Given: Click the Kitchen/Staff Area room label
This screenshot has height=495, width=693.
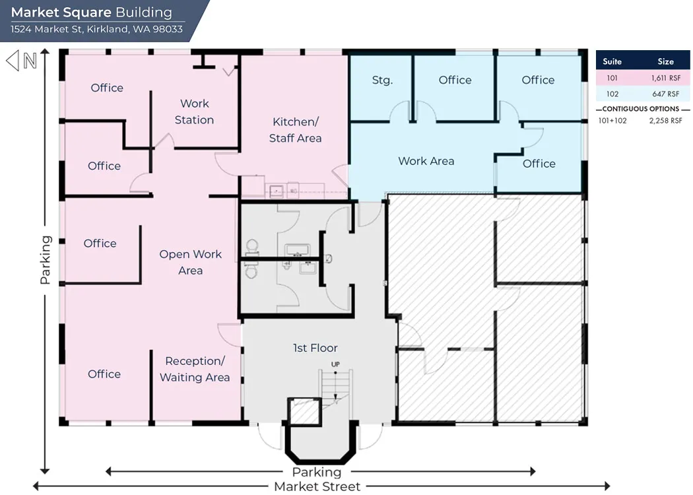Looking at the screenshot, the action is (295, 130).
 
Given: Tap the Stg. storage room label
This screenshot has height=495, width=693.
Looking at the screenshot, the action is (382, 81).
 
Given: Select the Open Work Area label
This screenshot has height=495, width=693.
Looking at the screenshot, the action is (191, 262).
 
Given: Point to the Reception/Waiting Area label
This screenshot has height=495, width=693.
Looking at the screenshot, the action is (195, 369).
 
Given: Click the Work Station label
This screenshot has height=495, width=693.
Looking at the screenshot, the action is (195, 112).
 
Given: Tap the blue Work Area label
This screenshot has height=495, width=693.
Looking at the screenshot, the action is (426, 161).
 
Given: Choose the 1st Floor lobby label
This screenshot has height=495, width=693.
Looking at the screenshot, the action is (315, 348).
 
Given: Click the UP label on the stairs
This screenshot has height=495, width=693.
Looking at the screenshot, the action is (335, 364).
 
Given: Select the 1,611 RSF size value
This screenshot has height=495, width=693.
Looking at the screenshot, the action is (665, 79).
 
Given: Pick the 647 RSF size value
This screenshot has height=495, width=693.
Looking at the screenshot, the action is (665, 94).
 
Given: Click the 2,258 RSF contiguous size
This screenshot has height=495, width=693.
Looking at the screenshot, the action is (665, 121).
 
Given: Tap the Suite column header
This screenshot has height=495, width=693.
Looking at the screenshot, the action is (612, 61).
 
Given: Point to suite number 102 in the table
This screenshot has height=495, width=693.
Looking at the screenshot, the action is (612, 94).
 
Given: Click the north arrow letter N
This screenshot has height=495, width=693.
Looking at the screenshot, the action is (30, 61).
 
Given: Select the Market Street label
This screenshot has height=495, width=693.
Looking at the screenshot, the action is (317, 486).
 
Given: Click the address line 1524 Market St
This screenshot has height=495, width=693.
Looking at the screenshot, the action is (97, 29).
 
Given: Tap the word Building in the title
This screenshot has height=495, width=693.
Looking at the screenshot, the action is (144, 13).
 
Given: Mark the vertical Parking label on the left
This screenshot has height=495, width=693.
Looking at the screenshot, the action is (46, 260).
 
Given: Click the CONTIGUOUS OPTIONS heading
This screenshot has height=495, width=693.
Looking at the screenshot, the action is (640, 109).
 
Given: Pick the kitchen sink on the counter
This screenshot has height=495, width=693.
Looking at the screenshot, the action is (277, 191).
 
